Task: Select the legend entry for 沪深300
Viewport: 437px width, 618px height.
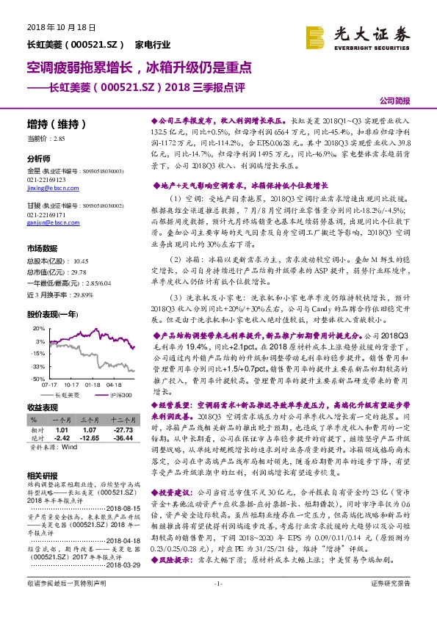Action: coord(119,395)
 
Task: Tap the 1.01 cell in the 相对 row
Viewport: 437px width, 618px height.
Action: coord(62,429)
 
